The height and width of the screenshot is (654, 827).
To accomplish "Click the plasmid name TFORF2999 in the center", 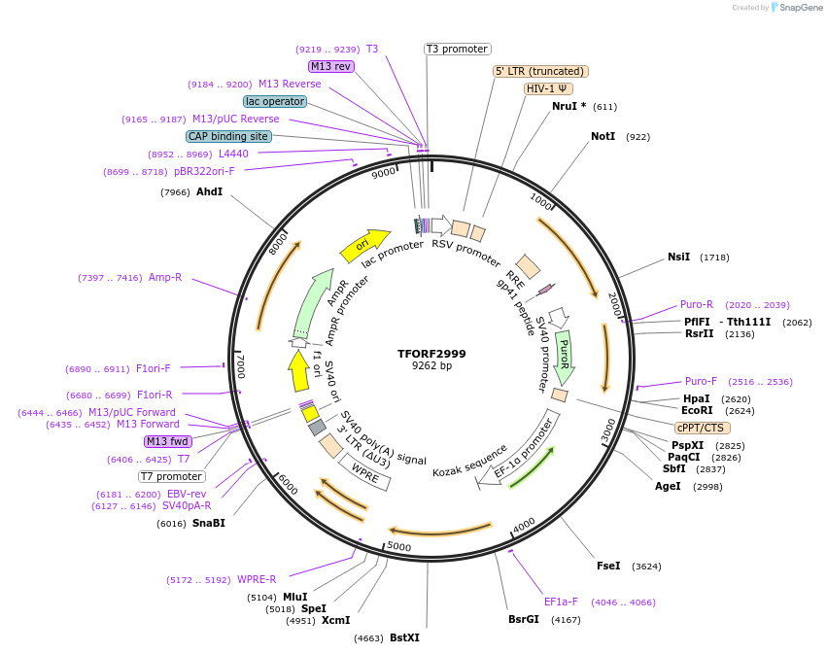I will [431, 354].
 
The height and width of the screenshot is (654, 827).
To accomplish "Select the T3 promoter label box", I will [458, 50].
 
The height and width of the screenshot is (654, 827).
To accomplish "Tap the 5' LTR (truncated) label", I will [540, 71].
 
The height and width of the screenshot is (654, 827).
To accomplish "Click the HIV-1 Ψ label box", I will [547, 88].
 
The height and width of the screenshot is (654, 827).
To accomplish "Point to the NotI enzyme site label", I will [603, 137].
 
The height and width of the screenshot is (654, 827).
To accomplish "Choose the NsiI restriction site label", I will [678, 258].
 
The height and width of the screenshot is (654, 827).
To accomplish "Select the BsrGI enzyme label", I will [523, 619].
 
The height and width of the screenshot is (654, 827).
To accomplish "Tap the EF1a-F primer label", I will [561, 602].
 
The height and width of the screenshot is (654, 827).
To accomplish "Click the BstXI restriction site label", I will [404, 638].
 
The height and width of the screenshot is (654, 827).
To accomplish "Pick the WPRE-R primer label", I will [257, 580].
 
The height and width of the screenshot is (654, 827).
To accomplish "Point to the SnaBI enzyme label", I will [208, 523].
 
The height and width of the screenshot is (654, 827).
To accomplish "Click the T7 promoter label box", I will [171, 476].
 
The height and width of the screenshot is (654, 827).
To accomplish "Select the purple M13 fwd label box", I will [168, 441].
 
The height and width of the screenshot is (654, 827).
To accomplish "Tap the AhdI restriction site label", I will [209, 192].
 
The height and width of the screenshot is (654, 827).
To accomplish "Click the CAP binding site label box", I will [228, 137].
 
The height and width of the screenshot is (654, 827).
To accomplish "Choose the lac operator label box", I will [275, 101].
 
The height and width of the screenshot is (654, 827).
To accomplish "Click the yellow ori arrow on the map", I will [364, 246].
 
